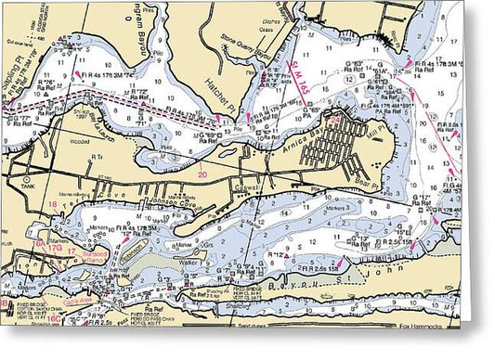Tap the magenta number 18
[53, 204]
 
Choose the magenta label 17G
[54, 248]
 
